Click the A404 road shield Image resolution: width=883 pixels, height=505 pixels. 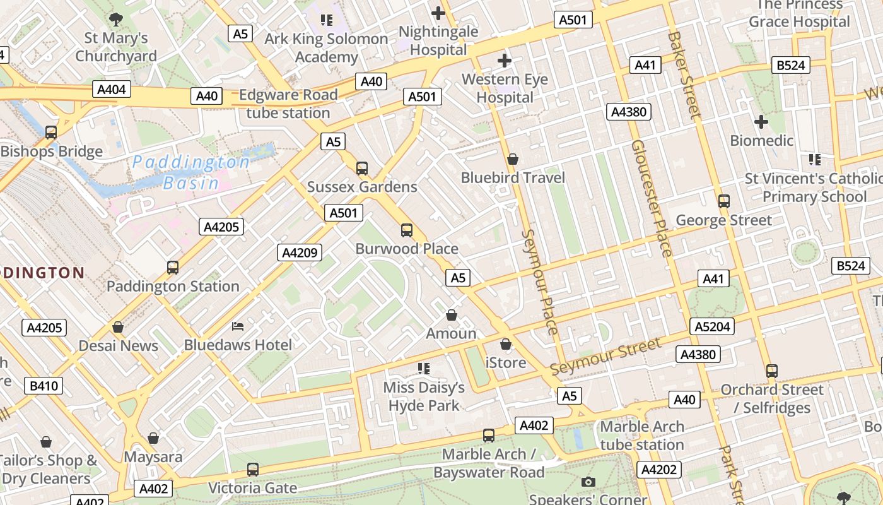[112, 89]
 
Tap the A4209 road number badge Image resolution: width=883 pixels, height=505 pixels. [300, 253]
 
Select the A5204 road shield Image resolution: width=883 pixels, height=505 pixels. [713, 326]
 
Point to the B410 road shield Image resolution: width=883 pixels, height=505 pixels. [44, 386]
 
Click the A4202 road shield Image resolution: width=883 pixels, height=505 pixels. [659, 470]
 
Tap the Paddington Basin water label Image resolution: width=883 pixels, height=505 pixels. [191, 172]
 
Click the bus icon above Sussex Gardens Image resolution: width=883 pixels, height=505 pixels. [361, 169]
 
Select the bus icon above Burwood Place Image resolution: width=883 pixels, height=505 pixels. [407, 230]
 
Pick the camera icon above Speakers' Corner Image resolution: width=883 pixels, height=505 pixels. [588, 482]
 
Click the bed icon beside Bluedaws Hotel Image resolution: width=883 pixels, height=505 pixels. [238, 326]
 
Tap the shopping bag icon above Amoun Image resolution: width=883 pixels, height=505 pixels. [452, 315]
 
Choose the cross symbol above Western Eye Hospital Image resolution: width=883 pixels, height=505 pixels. [504, 61]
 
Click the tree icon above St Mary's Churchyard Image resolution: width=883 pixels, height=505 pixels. [116, 19]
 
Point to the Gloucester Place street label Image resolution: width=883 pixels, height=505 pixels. [652, 198]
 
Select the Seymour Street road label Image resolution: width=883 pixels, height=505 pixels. [605, 356]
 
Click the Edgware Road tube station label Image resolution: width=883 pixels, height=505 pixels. [288, 104]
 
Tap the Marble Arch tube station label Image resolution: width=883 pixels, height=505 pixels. [642, 436]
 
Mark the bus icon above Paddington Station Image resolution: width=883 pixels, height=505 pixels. [173, 268]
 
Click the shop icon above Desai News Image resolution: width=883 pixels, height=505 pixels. [118, 327]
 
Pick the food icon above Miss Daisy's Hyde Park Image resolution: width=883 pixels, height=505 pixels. [424, 368]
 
